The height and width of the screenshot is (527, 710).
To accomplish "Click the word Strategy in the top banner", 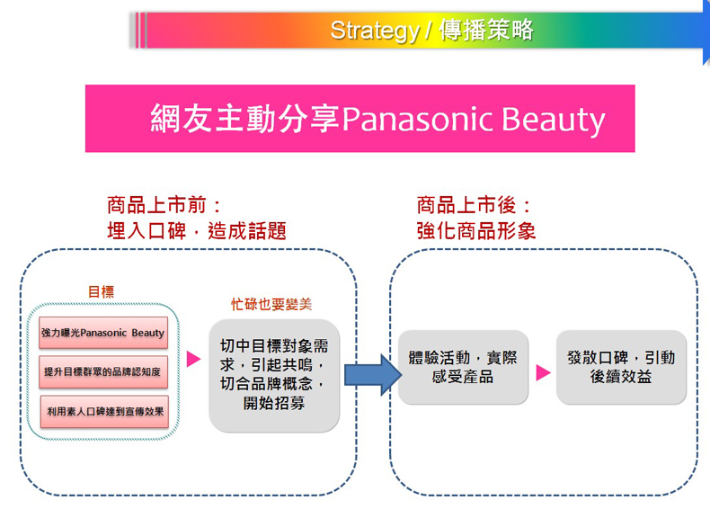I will (x=374, y=31).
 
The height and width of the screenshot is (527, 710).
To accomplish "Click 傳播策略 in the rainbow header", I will (x=487, y=31).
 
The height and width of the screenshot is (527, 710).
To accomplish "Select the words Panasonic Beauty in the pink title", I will (x=474, y=120).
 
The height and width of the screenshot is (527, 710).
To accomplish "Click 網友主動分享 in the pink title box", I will (x=245, y=120).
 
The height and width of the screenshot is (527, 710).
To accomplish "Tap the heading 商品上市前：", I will (x=164, y=205).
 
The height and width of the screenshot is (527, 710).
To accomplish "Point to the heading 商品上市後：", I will (x=475, y=205).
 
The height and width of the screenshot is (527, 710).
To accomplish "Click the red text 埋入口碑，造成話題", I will (x=196, y=230).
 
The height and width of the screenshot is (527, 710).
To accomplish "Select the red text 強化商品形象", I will (x=475, y=230).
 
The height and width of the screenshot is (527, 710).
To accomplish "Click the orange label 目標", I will (x=102, y=291).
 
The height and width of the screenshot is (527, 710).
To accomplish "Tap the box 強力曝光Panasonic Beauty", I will (x=103, y=333).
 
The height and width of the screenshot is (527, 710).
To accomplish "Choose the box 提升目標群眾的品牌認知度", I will (x=103, y=371).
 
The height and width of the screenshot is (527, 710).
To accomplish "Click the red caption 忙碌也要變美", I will (x=271, y=305).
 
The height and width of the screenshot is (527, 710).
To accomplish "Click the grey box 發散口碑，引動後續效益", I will (x=621, y=367).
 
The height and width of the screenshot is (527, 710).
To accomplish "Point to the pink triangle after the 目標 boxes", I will (x=193, y=360).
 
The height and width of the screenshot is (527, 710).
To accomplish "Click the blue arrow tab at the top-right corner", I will (x=706, y=31).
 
